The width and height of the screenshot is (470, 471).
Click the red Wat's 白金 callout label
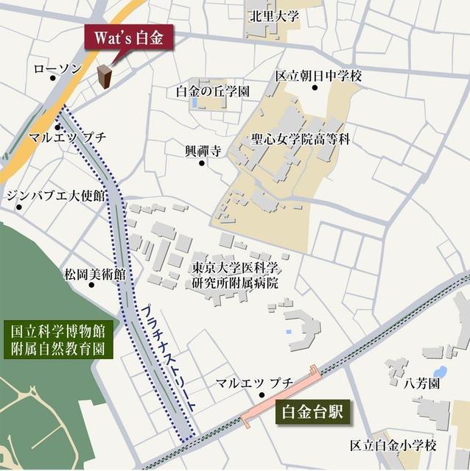[x=129, y=38]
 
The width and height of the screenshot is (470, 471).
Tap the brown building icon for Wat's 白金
[x=105, y=77]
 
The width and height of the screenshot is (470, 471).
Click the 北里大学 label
[x=274, y=16]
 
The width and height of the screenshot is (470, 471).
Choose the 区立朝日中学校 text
[x=319, y=75]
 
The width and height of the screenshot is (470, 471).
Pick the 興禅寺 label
[x=203, y=151]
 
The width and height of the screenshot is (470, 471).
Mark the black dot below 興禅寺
[x=202, y=163]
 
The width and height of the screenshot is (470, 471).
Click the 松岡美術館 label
[x=94, y=275]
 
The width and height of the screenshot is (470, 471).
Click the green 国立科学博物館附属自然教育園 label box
[x=57, y=339]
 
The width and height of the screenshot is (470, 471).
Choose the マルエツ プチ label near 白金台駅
[x=254, y=383]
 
